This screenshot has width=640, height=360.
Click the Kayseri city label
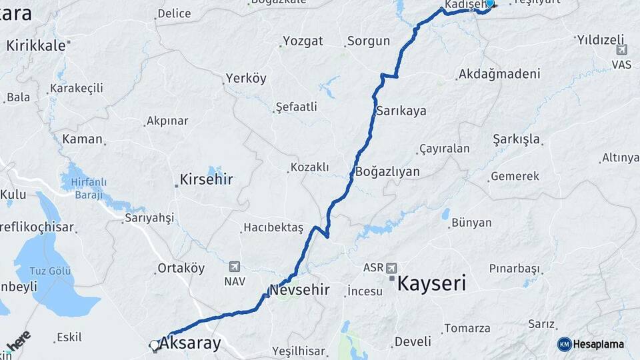tap(431, 283)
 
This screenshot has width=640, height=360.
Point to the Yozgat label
tap(303, 41)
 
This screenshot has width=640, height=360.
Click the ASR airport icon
tap(391, 267)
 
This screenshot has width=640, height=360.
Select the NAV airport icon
tap(234, 266)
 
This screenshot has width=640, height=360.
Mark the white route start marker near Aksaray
tap(155, 345)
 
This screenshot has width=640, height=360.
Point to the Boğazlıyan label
tap(388, 172)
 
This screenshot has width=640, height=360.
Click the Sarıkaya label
tap(401, 111)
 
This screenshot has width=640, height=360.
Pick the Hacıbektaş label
tap(273, 228)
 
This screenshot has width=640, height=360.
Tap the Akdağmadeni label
tap(499, 74)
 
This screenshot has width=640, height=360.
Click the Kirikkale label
tap(36, 45)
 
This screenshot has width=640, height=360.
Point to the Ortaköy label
tap(181, 269)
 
